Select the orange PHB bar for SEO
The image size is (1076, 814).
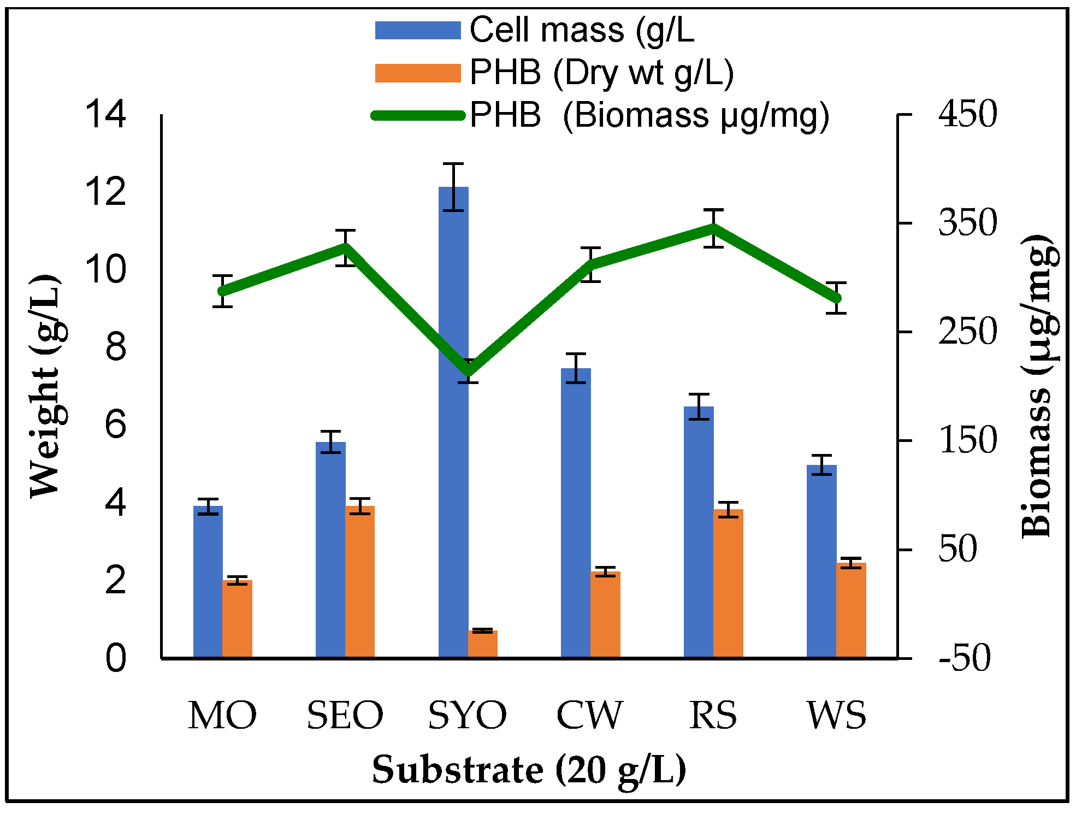(360, 582)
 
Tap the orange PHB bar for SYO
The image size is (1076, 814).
(483, 644)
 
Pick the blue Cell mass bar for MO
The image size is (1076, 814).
(208, 582)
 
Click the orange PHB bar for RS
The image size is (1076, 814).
(728, 583)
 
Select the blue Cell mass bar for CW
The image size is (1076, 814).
(576, 514)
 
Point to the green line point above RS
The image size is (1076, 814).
(713, 227)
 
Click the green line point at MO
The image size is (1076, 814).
(222, 291)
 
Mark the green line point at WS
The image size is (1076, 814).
(836, 298)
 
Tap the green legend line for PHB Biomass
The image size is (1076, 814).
(418, 115)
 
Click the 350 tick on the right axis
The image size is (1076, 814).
(967, 223)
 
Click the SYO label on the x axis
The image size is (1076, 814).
(467, 715)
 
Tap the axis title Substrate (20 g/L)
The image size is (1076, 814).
(529, 770)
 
